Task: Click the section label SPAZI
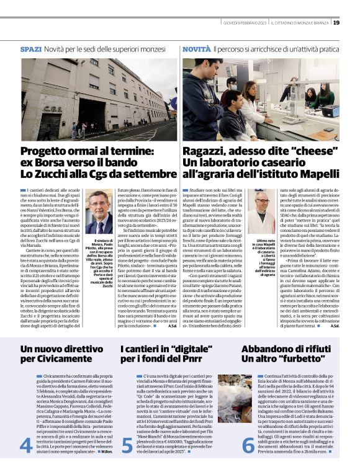pos(31,48)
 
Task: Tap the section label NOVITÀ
pos(196,48)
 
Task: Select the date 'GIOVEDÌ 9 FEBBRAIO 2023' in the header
pos(246,23)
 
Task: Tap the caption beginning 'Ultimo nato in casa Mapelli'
pos(263,257)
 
